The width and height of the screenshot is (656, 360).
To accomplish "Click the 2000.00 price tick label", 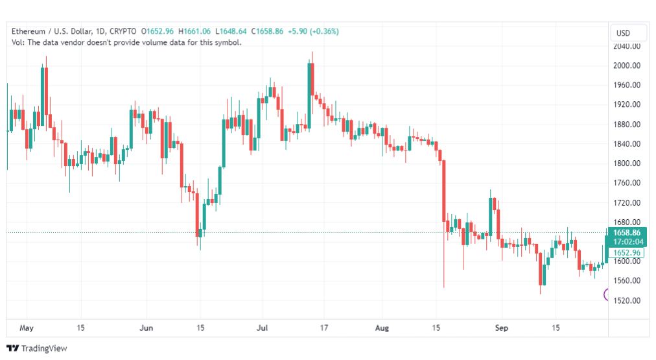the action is pos(626,66).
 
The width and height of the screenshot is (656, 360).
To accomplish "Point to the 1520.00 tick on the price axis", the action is pos(626,300).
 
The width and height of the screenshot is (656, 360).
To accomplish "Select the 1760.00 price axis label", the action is pos(626,183).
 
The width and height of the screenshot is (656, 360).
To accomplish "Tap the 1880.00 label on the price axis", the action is pos(626,125).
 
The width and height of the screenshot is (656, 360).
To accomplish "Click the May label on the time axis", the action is pos(27,328).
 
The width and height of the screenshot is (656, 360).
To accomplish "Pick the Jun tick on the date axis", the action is pos(146,328).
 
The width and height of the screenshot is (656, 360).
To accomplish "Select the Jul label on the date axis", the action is pos(262,328).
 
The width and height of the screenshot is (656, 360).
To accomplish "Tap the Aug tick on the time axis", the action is pos(382,328).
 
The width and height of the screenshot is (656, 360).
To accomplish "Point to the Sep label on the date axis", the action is pos(501,328).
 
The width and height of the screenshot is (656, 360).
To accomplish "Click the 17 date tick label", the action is pos(324,328).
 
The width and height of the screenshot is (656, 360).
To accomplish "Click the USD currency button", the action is pos(623,33).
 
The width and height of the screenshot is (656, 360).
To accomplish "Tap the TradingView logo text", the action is pos(44,348).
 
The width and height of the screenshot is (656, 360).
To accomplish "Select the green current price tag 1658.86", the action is pos(626,237).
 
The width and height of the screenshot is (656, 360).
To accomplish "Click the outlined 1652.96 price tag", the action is pos(626,253).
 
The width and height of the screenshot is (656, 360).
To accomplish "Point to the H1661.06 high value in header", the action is pos(194,31).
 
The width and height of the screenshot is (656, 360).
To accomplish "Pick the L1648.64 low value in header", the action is pos(231,31).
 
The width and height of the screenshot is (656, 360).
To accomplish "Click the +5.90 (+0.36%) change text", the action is pos(313,31).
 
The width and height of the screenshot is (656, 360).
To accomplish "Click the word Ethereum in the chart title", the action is pos(28,31).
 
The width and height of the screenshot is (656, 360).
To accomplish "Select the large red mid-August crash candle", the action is pos(444,191).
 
